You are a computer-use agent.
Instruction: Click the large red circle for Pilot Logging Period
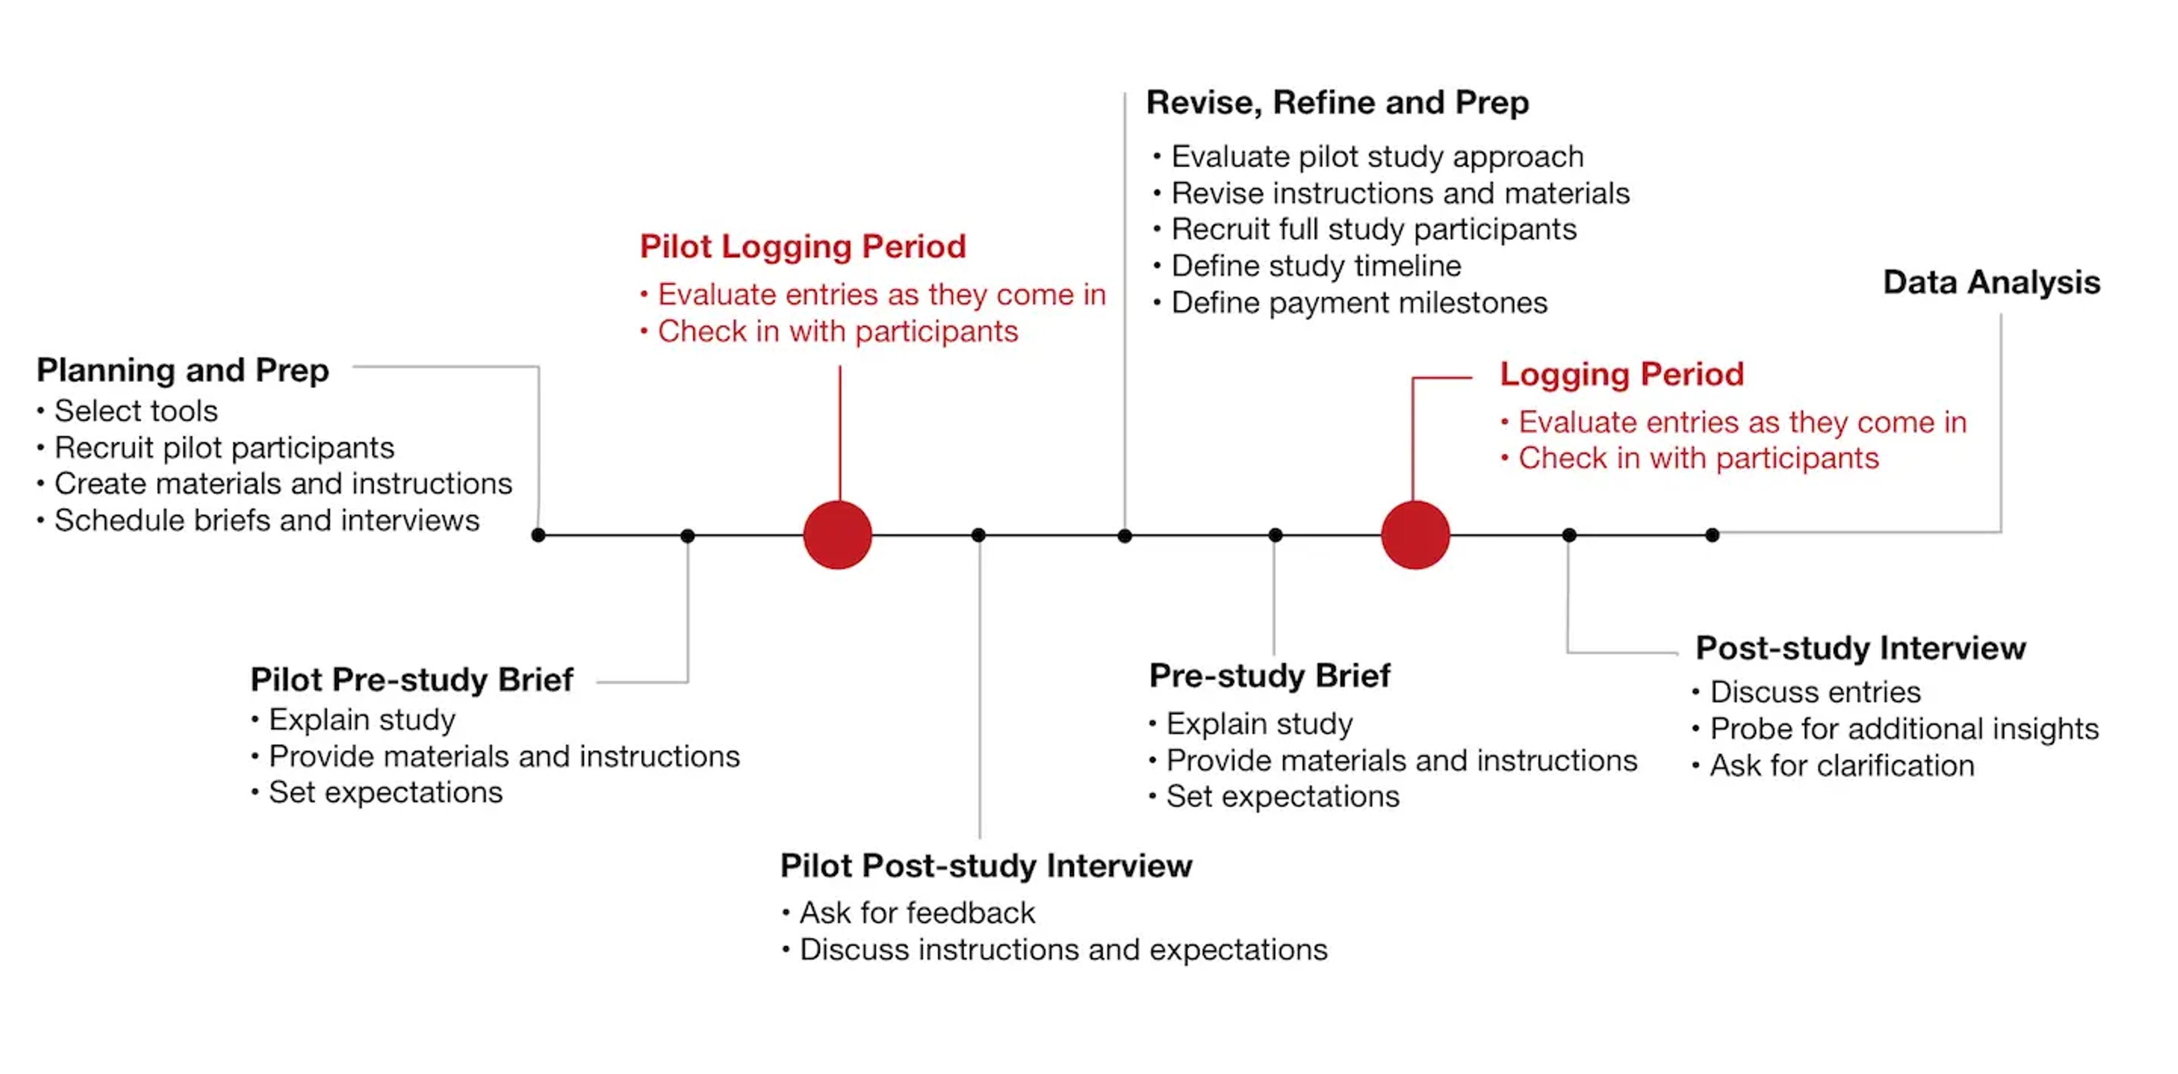[837, 534]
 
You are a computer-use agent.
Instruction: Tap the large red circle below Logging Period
[1415, 534]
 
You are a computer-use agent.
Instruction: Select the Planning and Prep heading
[183, 370]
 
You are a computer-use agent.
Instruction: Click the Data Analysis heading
[1991, 283]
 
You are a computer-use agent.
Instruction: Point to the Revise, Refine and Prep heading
[1337, 102]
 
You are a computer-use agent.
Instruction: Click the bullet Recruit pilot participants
[224, 448]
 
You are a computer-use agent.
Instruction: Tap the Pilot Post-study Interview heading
[986, 866]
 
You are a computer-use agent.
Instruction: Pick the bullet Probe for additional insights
[1903, 729]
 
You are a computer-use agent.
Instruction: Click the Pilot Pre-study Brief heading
[412, 680]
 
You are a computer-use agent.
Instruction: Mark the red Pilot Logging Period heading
[803, 247]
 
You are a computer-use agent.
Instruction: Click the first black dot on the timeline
[539, 536]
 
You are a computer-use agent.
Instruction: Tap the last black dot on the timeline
[1712, 536]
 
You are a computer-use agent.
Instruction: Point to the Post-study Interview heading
[1860, 648]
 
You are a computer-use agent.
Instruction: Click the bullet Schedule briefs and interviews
[267, 521]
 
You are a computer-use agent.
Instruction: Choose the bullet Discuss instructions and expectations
[1063, 950]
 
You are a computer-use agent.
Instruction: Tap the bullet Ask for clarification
[1842, 766]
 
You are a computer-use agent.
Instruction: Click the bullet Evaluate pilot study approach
[1377, 157]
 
